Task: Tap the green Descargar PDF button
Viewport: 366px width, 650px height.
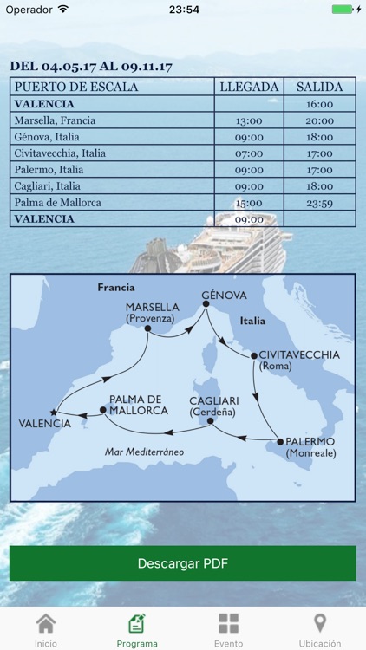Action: (183, 563)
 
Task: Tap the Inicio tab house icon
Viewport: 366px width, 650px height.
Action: (46, 624)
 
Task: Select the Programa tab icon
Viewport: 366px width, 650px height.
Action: (137, 624)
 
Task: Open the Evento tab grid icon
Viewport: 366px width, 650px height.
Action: (228, 624)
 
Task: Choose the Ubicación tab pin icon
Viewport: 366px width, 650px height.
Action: (319, 624)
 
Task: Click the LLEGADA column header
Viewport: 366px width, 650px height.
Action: (249, 87)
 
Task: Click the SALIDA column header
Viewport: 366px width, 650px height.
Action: (320, 87)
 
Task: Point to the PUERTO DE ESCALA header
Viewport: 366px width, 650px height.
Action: (76, 87)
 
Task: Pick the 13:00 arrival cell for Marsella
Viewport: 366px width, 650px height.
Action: (249, 120)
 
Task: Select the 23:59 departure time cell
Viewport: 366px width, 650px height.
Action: (320, 203)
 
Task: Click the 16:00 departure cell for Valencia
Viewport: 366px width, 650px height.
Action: (320, 104)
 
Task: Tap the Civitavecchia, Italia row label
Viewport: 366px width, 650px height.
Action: (60, 153)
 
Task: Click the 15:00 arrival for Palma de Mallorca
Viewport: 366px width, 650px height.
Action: (249, 203)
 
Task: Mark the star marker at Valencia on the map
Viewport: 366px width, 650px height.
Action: (54, 413)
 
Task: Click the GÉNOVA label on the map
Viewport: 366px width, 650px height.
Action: (224, 296)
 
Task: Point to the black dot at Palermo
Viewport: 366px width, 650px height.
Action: (279, 442)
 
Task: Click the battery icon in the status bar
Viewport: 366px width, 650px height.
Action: (343, 10)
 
